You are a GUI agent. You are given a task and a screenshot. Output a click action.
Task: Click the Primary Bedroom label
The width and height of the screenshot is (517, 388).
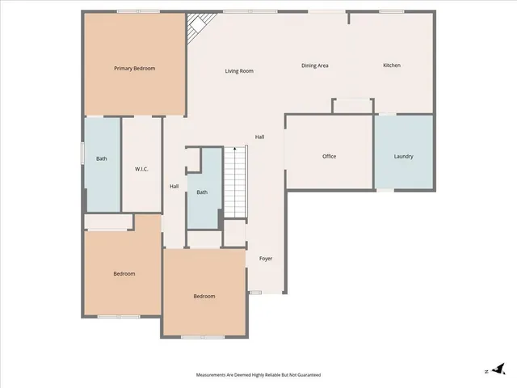click(134, 69)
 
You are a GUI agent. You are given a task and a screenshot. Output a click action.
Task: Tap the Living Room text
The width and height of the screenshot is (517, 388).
click(239, 71)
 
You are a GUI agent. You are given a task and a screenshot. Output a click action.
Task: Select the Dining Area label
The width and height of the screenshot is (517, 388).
click(315, 65)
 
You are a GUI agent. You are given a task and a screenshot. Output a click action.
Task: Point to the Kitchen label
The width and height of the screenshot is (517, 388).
click(392, 65)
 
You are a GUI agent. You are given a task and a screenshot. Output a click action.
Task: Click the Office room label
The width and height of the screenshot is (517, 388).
click(329, 156)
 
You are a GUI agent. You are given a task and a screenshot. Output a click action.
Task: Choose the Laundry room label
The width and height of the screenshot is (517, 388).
click(404, 156)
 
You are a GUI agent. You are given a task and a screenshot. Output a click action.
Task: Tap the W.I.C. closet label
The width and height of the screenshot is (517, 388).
click(141, 168)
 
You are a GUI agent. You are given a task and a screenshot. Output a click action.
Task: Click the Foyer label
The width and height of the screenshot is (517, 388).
click(266, 259)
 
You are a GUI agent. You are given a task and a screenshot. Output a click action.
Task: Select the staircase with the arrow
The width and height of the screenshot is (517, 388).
click(234, 183)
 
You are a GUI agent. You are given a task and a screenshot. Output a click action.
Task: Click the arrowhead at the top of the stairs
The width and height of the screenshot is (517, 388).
click(234, 149)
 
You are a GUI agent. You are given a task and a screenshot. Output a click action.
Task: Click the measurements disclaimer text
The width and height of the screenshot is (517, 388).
click(258, 375)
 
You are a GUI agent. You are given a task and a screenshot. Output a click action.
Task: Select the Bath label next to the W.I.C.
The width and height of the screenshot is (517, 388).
click(102, 158)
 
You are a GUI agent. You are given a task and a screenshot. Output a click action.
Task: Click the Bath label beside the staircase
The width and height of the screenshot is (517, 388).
click(202, 192)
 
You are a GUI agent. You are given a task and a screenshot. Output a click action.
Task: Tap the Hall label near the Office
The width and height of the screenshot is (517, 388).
click(259, 137)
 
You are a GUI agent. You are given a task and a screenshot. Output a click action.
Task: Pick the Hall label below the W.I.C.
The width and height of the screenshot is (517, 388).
click(174, 187)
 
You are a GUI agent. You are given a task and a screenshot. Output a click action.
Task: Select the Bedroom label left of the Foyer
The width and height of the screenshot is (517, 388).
click(204, 296)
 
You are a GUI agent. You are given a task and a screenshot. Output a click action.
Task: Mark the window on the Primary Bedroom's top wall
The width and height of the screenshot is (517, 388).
click(137, 11)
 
